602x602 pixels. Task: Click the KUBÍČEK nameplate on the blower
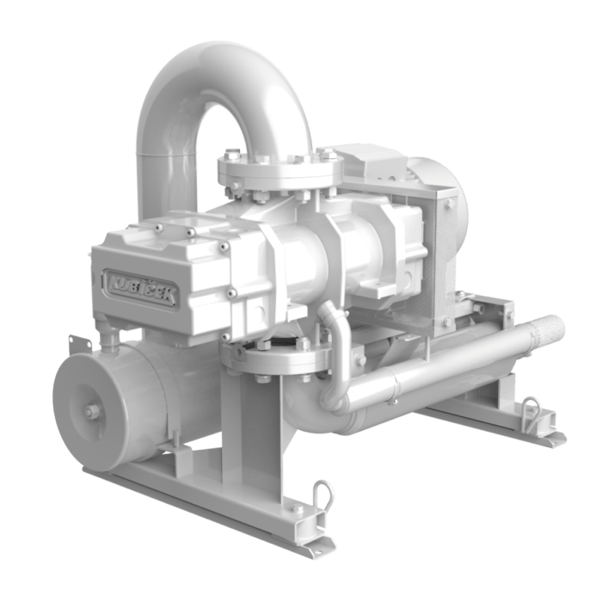[x=141, y=288]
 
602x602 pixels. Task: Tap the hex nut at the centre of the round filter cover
[x=89, y=412]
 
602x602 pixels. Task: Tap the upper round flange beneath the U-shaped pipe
[x=280, y=171]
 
